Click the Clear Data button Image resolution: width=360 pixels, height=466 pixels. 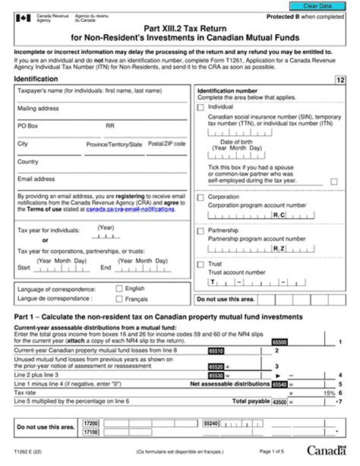[x=317, y=6]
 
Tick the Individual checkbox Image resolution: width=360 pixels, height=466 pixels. [x=200, y=107]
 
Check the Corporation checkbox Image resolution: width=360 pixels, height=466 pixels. [x=200, y=197]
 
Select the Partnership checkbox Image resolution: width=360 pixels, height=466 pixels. [x=200, y=231]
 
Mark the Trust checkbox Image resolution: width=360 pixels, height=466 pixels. [x=200, y=264]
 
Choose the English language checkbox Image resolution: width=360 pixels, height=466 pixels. [x=119, y=288]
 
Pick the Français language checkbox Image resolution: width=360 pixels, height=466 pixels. [x=119, y=299]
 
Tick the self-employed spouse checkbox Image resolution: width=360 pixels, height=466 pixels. [x=334, y=182]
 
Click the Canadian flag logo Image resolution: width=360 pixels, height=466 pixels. [x=23, y=18]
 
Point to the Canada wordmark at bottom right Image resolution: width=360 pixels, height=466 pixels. [x=326, y=451]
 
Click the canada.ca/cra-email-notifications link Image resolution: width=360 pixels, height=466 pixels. [x=130, y=210]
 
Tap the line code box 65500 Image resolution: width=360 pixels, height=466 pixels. [x=279, y=342]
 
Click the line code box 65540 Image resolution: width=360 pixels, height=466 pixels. [x=279, y=384]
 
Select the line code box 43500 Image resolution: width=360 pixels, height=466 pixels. [x=279, y=402]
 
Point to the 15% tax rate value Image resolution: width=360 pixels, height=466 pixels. [x=328, y=393]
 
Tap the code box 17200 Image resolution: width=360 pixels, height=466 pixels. [x=90, y=423]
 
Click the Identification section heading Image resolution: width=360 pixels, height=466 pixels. [x=36, y=79]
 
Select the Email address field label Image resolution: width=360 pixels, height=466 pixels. [x=36, y=179]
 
